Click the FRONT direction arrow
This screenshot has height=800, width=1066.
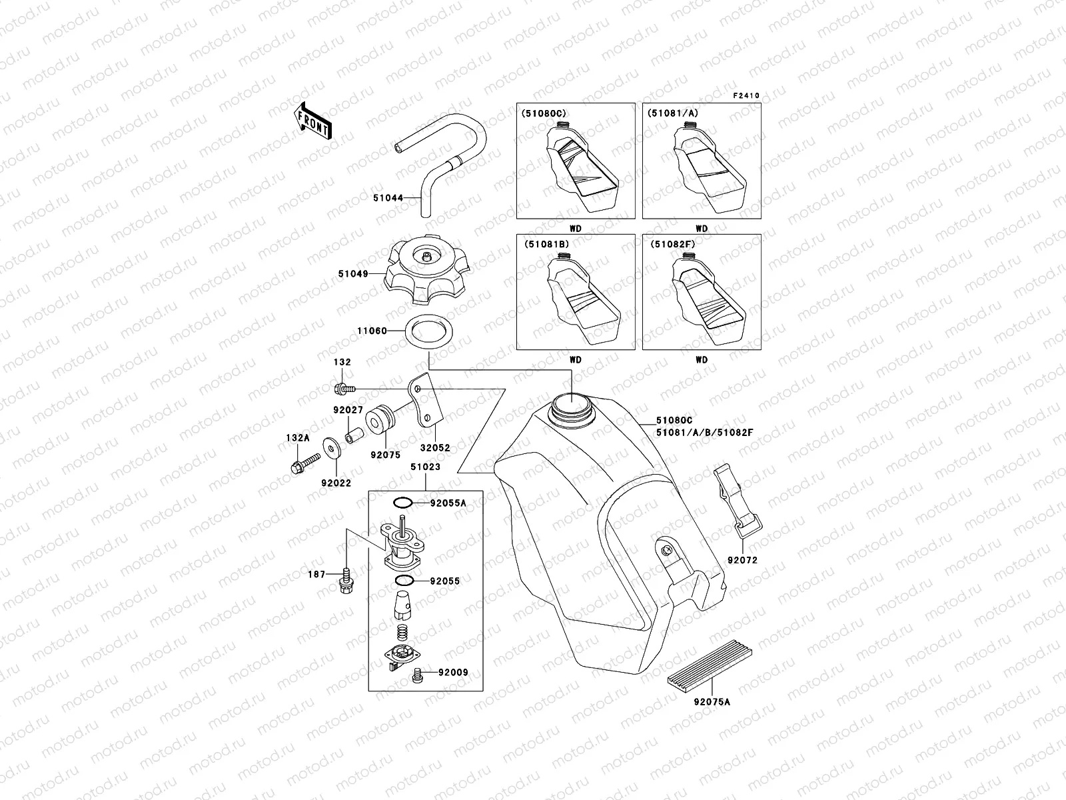point(312,121)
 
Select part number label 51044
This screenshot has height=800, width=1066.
point(387,198)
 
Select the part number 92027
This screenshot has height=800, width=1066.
point(347,411)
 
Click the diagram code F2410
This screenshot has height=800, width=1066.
point(747,96)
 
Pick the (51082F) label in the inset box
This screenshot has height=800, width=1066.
point(672,245)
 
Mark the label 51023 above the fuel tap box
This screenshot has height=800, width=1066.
point(425,467)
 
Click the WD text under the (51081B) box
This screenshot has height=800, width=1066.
point(575,360)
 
